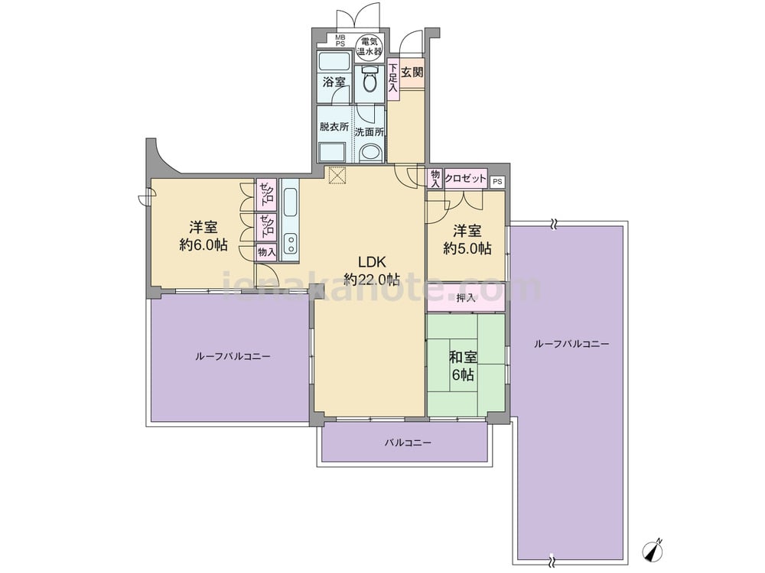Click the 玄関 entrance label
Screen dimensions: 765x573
click(412, 73)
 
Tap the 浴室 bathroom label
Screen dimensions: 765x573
click(334, 82)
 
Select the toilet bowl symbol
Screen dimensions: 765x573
click(369, 80)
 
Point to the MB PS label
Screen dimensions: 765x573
click(340, 40)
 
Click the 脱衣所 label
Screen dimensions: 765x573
click(334, 127)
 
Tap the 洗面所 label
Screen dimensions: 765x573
click(369, 131)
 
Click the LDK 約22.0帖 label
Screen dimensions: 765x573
click(372, 270)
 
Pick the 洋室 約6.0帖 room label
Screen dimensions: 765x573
click(203, 236)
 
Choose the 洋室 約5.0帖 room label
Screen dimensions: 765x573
click(467, 239)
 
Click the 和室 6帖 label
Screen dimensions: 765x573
click(463, 366)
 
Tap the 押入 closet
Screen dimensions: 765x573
click(466, 297)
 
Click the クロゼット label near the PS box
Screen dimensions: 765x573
click(465, 178)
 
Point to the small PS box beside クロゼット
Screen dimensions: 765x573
click(497, 182)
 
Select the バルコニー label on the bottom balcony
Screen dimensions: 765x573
click(408, 443)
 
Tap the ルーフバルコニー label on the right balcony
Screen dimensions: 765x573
click(571, 344)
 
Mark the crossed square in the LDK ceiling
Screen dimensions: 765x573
click(337, 176)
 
